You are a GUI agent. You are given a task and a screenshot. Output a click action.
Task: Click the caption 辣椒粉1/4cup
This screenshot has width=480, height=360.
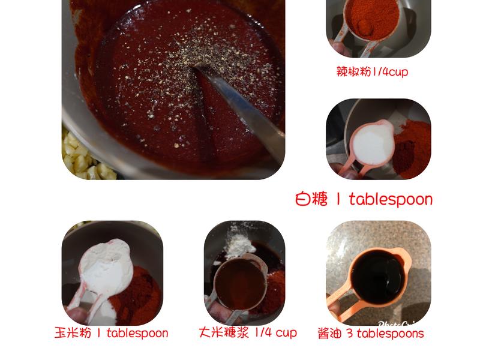click(x=372, y=72)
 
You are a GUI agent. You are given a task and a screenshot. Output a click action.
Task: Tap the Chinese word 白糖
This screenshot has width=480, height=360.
click(x=312, y=199)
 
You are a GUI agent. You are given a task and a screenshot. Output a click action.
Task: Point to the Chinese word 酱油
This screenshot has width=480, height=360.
click(x=329, y=334)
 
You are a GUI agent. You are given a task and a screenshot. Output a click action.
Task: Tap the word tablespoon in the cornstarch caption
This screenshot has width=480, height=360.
click(x=137, y=333)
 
